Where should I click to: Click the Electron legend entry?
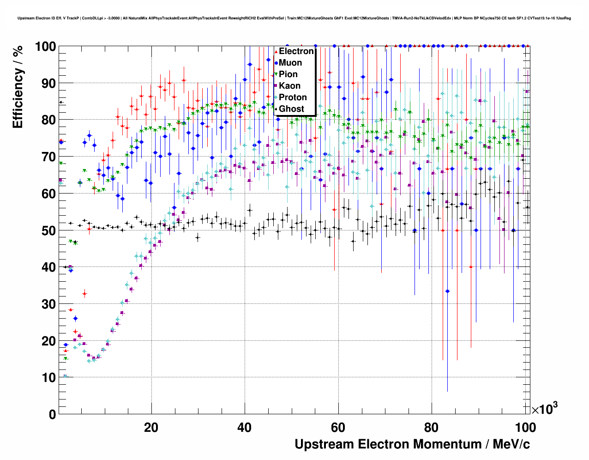click(296, 51)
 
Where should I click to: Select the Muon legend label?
click(290, 63)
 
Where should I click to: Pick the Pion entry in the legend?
click(288, 74)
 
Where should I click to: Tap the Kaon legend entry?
click(289, 86)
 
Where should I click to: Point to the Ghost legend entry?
click(291, 109)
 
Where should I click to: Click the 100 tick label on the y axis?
click(45, 47)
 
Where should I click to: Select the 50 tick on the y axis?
click(48, 230)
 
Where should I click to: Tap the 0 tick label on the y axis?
click(52, 414)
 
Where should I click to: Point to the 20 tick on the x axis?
click(151, 427)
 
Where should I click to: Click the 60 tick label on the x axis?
click(338, 427)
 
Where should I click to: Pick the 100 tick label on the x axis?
click(524, 427)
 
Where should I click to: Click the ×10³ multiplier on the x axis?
click(545, 409)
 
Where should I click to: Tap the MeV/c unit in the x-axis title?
click(511, 444)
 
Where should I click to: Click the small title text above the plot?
click(294, 18)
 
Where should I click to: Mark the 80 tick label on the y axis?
click(48, 120)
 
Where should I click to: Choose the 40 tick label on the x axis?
click(245, 427)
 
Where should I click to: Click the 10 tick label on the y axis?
click(48, 378)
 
